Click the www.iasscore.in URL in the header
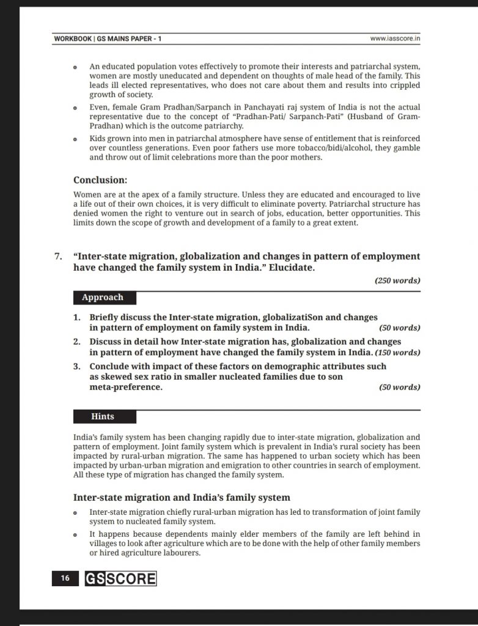(x=398, y=39)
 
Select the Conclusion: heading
(x=100, y=180)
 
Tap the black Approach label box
(x=103, y=298)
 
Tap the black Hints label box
(x=103, y=416)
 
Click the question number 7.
(x=59, y=256)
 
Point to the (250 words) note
(x=397, y=281)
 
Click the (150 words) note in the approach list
(x=397, y=353)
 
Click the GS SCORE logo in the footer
(x=120, y=578)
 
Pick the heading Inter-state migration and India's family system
(x=182, y=497)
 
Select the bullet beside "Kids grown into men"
(x=75, y=139)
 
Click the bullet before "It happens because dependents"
(x=75, y=535)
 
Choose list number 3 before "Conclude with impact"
(x=77, y=366)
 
